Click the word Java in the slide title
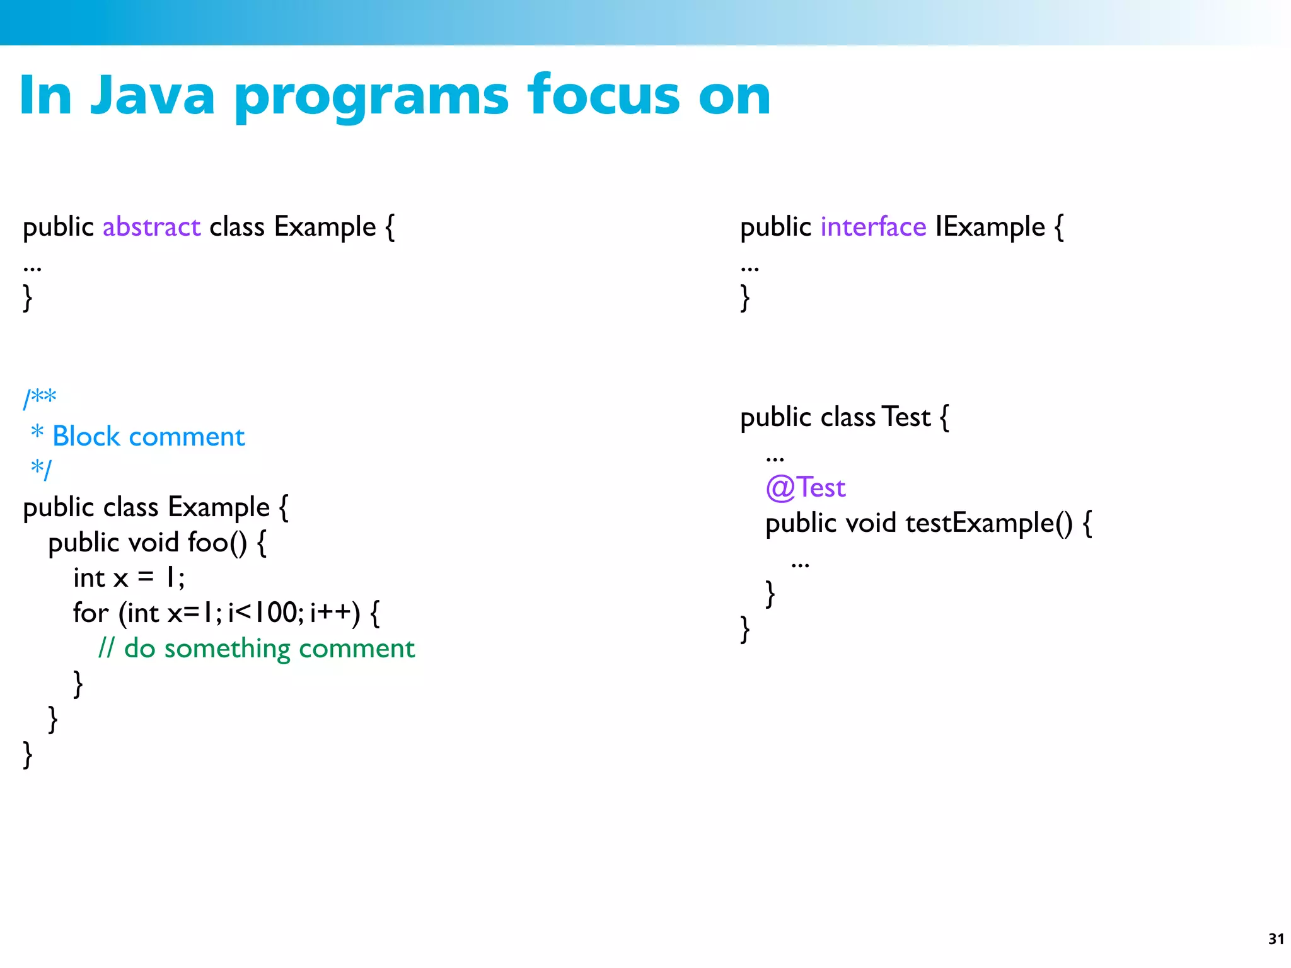(153, 96)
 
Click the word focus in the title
(604, 96)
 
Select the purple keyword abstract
(151, 227)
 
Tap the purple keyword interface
(873, 227)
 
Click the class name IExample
(990, 227)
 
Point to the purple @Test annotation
(805, 488)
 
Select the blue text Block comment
(148, 436)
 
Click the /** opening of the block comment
(40, 398)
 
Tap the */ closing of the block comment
(41, 469)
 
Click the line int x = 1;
(129, 578)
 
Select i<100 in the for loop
(265, 613)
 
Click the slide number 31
(1276, 939)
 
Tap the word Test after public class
(906, 417)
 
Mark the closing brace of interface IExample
(745, 297)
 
